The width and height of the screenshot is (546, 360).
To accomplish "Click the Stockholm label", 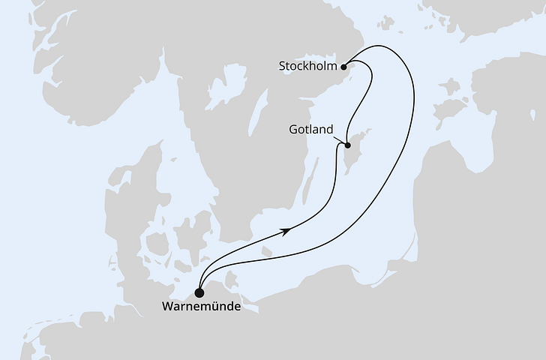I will (x=307, y=65).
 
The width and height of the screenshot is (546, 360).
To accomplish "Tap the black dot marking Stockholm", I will (x=345, y=66).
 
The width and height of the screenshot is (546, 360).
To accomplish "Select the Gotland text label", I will (x=310, y=130).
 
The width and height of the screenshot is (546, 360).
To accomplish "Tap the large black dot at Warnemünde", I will (x=199, y=292).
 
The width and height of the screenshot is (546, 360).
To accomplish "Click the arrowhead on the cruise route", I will (x=286, y=232).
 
